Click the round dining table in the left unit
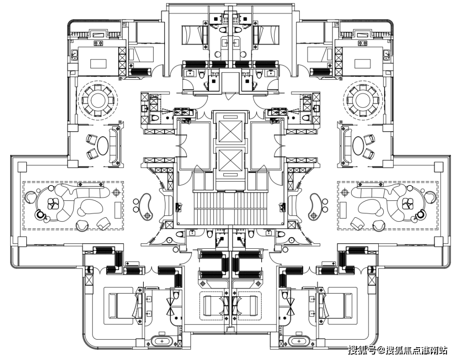coord(98,100)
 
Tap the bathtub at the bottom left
coord(161,341)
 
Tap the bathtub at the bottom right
coord(299,341)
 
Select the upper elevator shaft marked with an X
coord(230,132)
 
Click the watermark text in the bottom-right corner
coord(397,350)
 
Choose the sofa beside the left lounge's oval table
coord(114,145)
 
